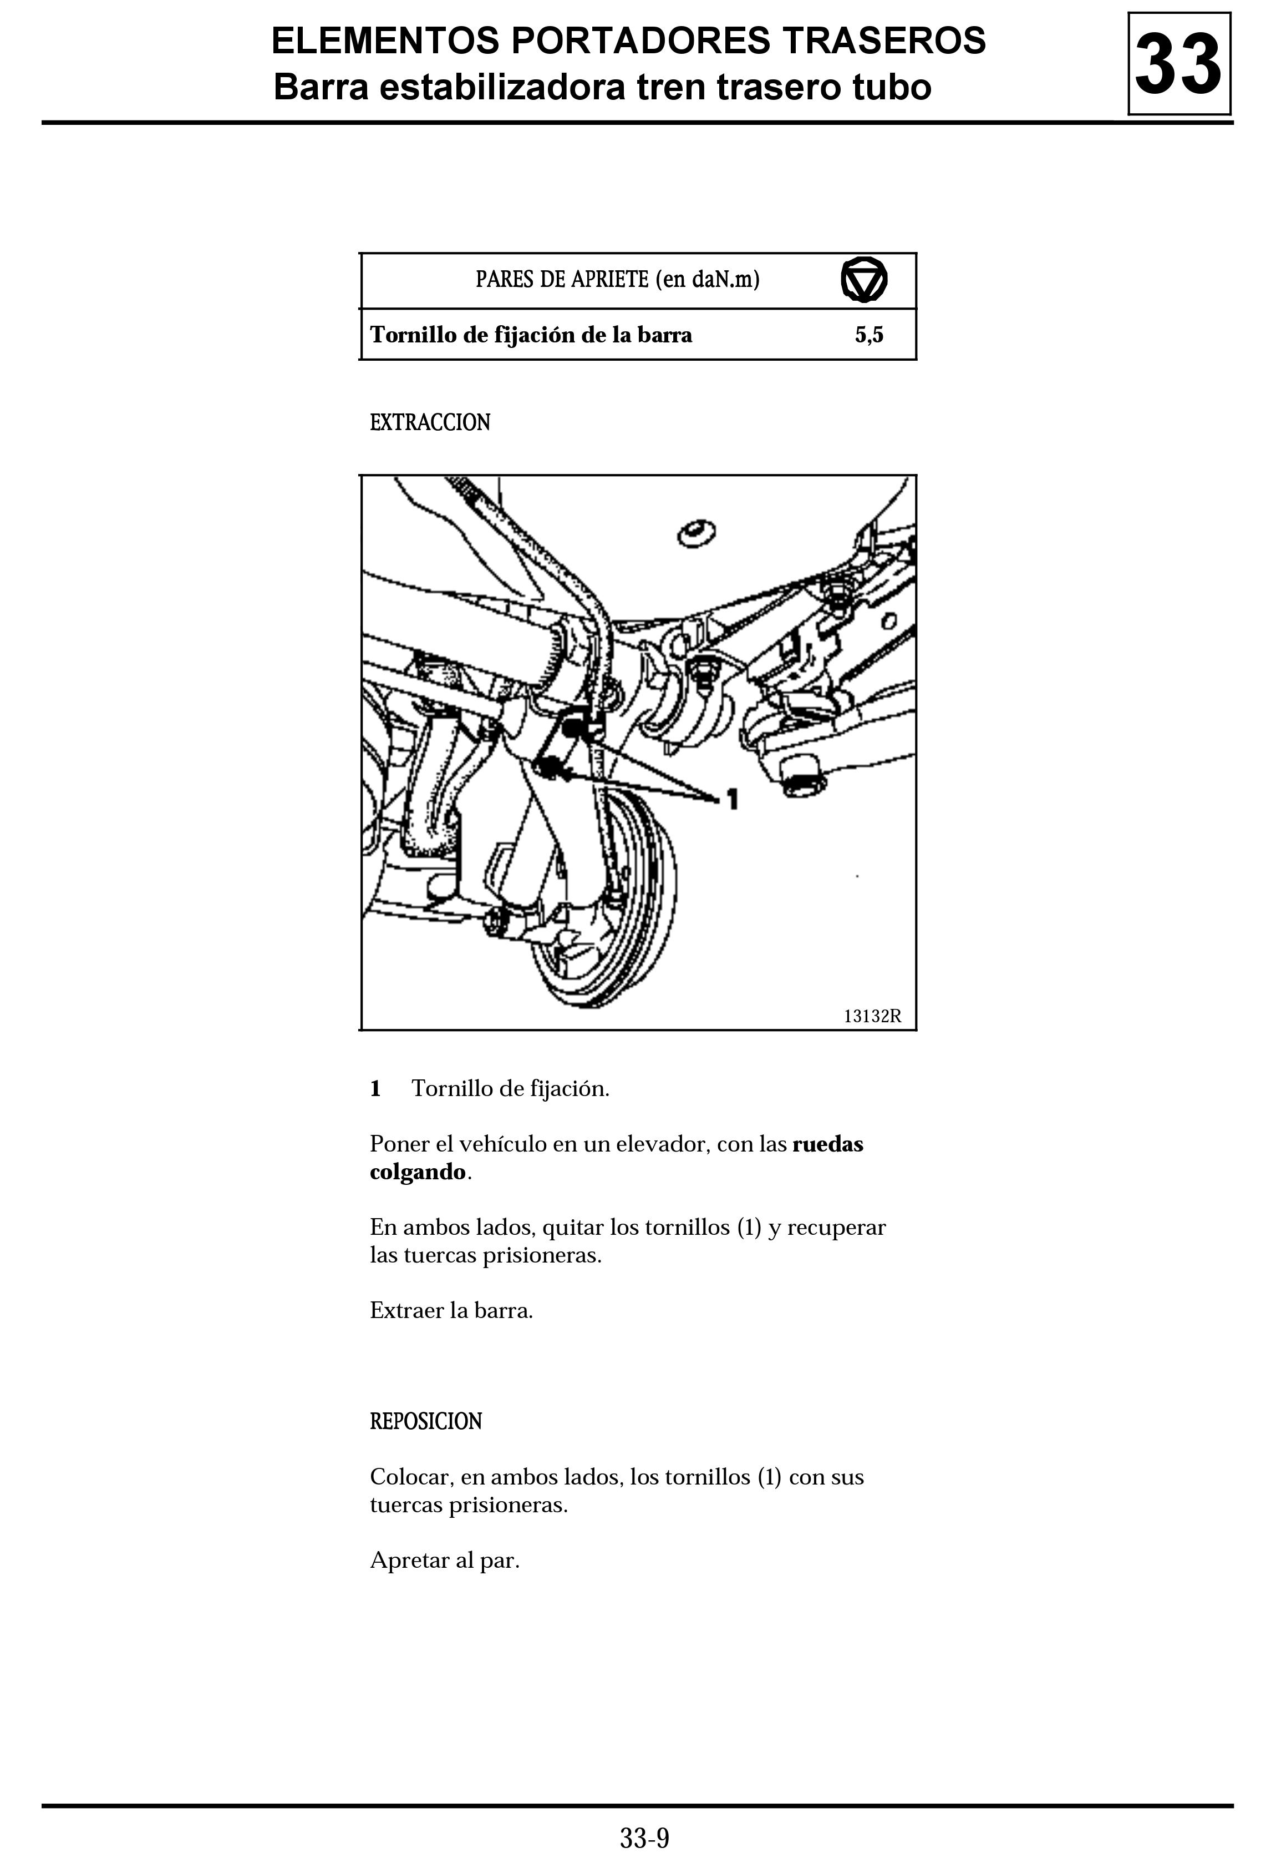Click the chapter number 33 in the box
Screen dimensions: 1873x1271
tap(1178, 64)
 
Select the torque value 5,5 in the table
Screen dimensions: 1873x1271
tap(869, 335)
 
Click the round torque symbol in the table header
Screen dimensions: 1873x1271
tap(863, 280)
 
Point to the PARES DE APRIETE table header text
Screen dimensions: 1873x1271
tap(617, 280)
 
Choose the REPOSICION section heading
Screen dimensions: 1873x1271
tap(425, 1421)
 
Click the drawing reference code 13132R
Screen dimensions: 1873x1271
tap(872, 1016)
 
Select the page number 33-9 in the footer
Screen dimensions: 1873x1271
tap(644, 1839)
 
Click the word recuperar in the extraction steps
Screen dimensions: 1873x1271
tap(836, 1228)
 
